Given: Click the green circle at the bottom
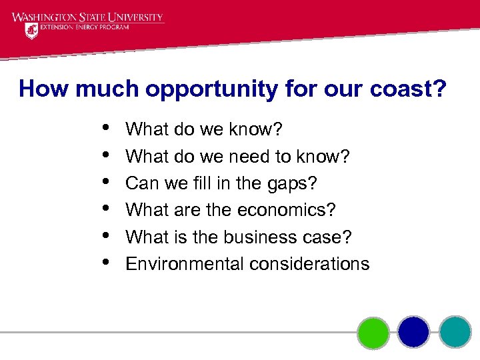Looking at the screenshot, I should click(x=373, y=331).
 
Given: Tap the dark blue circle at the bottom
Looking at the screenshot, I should click(x=414, y=331).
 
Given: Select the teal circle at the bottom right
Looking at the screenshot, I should click(x=455, y=331).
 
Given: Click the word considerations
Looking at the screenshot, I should click(x=309, y=264).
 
